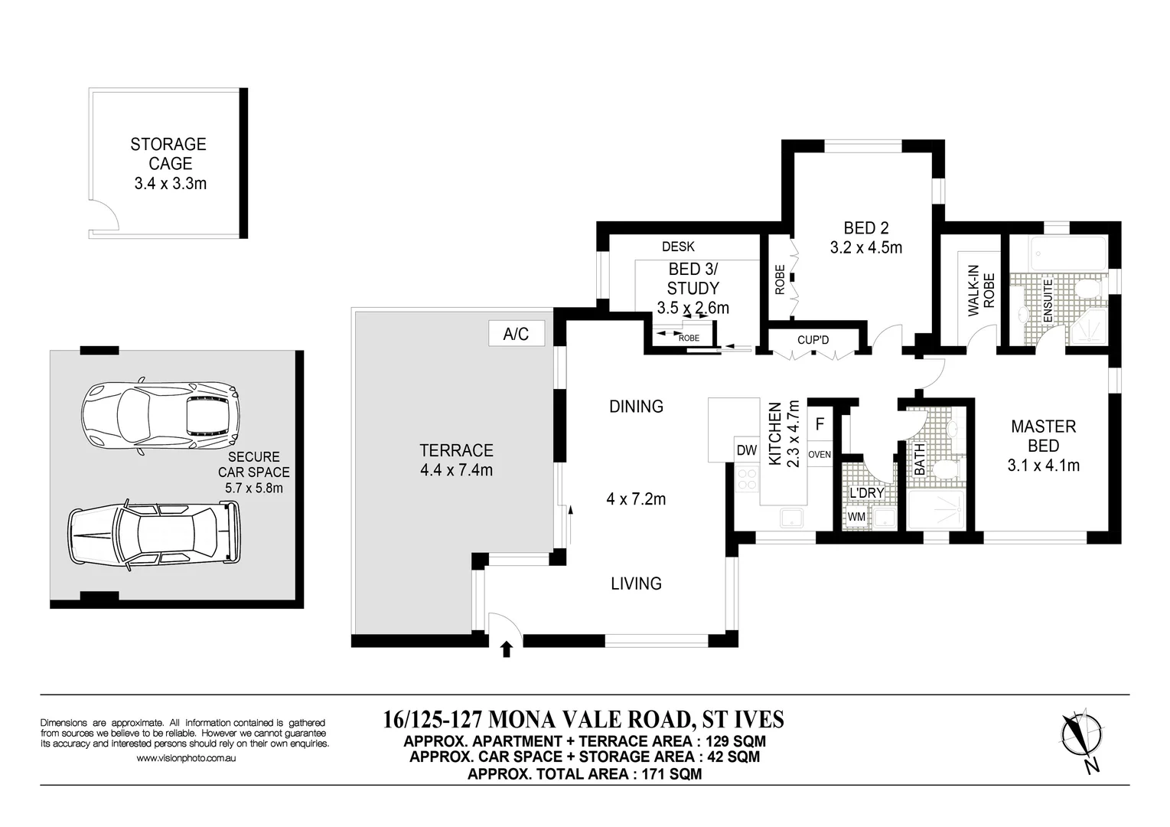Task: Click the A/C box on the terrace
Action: point(516,334)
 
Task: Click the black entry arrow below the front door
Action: point(506,649)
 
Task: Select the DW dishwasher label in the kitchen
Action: point(746,451)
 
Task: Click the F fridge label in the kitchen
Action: point(820,423)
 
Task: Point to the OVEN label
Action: point(819,455)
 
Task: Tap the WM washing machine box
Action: point(856,517)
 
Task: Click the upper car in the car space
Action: point(161,417)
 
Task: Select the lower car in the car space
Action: point(151,535)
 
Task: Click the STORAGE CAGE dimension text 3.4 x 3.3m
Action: point(170,184)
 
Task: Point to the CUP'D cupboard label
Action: point(813,339)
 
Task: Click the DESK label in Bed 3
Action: point(678,247)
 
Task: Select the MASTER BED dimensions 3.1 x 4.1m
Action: point(1043,465)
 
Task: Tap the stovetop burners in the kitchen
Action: point(746,479)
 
